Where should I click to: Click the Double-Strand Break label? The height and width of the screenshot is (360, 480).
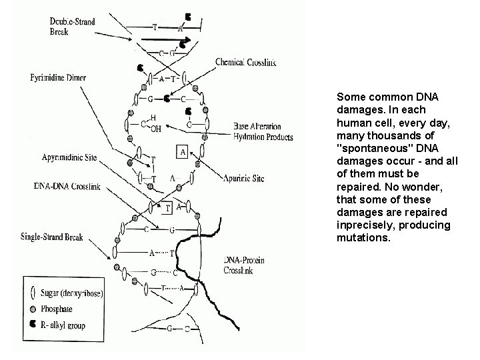coord(73,27)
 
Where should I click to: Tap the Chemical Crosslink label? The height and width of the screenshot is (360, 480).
coord(245,62)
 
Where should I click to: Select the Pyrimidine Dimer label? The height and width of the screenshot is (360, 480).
coord(58,78)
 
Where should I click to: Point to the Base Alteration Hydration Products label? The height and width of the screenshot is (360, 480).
coord(263,132)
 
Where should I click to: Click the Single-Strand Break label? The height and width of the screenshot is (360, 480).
coord(52,238)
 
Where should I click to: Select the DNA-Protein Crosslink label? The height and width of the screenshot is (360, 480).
coord(244,265)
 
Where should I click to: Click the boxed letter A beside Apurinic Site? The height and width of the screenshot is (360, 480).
coord(182,151)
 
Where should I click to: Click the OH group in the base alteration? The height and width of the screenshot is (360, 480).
coord(155,129)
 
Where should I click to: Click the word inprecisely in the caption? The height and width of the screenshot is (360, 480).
coord(365,225)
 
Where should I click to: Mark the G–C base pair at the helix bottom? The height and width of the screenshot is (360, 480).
coord(177,328)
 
